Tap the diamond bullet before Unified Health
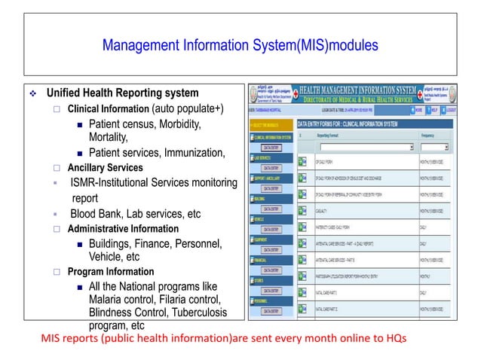[32, 94]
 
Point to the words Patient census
[126, 124]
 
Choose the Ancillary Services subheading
[105, 167]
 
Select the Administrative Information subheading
[123, 228]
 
